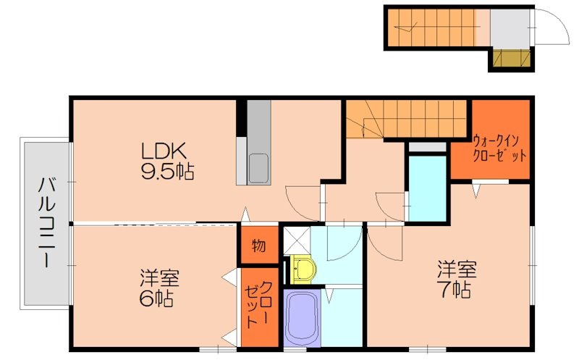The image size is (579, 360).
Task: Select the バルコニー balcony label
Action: (46, 222)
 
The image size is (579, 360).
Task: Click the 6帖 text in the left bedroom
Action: (156, 298)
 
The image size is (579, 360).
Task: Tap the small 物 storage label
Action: (258, 246)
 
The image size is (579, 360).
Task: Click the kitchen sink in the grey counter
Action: (258, 168)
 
